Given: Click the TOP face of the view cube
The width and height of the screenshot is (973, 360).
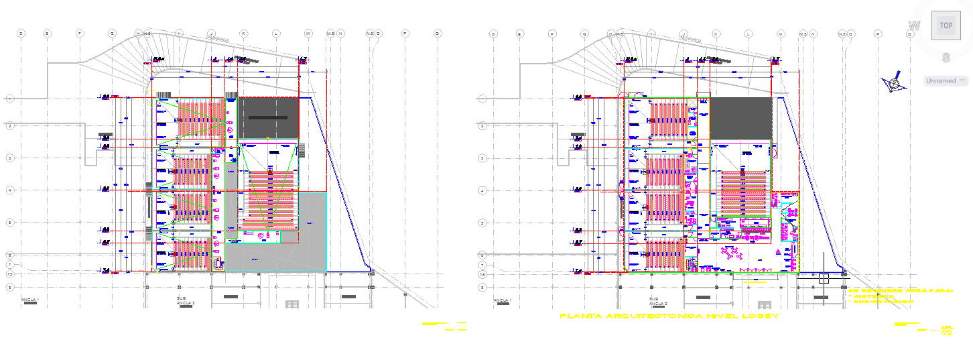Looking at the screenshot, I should (946, 26).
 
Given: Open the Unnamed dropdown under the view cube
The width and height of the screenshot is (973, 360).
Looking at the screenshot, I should (946, 80).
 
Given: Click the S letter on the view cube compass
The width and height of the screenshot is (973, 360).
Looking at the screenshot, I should (946, 58).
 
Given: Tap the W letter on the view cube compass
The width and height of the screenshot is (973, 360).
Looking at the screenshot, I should (913, 26).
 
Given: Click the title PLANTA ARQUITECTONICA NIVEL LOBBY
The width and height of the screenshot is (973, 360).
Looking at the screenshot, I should (669, 316).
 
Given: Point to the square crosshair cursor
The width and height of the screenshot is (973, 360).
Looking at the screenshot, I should (824, 278).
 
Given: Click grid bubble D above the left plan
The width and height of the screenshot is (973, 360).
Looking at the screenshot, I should (21, 33).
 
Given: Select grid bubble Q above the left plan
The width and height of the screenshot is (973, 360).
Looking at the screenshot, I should (438, 33).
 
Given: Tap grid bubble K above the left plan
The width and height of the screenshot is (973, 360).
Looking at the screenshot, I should (243, 33).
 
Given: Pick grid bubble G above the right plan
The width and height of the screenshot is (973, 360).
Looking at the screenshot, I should (584, 33).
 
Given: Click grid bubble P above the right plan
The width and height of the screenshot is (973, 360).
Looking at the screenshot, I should (877, 33).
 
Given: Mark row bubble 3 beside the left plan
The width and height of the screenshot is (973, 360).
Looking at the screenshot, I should (10, 158).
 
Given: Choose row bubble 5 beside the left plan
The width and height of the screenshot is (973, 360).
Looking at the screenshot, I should (10, 222).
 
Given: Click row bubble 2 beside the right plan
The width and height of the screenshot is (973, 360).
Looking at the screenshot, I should (482, 125).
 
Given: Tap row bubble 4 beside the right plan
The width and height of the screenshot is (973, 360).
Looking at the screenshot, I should (482, 190).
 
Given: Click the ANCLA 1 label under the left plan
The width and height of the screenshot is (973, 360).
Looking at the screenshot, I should (30, 299).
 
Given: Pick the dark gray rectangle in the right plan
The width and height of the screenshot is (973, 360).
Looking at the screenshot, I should (740, 117).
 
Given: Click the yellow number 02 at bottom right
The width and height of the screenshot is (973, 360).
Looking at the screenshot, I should (947, 332).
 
